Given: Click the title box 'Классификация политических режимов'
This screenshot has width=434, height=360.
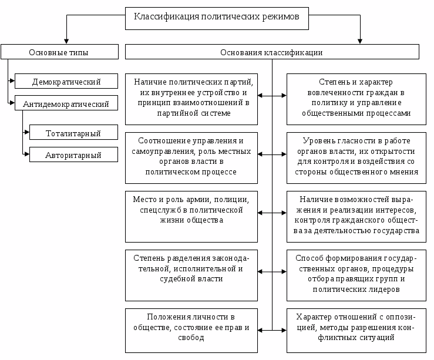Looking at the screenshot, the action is click(x=217, y=19).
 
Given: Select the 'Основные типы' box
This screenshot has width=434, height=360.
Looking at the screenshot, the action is click(x=59, y=52).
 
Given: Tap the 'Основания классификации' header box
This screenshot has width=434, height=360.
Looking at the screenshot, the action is click(x=272, y=52).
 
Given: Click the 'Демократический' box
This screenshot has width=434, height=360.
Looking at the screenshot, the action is click(x=66, y=81).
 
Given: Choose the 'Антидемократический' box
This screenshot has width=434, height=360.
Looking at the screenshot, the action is click(x=66, y=103).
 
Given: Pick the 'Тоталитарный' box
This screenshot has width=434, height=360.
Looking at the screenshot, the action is click(x=73, y=132).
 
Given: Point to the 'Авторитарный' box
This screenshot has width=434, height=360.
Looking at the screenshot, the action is click(x=73, y=154).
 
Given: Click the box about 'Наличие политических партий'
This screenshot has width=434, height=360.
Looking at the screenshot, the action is click(x=191, y=99).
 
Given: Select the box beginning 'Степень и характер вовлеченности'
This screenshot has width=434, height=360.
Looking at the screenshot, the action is click(x=356, y=99).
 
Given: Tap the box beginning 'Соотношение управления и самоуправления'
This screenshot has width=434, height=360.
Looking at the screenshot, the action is click(x=191, y=158).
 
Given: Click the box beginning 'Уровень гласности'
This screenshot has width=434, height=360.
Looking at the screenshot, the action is click(x=356, y=158).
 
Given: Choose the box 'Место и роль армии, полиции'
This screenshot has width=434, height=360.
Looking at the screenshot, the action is click(x=191, y=217).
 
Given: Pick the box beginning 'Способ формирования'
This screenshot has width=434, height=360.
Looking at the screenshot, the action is click(x=356, y=275).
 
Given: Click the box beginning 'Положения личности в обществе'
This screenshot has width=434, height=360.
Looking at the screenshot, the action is click(x=191, y=331).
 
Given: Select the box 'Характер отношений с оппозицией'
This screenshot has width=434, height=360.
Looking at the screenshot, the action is click(x=356, y=331).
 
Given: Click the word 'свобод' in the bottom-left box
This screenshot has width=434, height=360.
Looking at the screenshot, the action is click(x=191, y=338).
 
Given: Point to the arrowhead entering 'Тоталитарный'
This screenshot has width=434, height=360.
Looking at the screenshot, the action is click(x=27, y=132).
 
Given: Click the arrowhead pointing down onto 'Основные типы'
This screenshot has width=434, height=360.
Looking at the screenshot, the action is click(x=66, y=42).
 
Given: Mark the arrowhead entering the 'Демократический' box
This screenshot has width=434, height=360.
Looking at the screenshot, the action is click(x=12, y=81).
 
